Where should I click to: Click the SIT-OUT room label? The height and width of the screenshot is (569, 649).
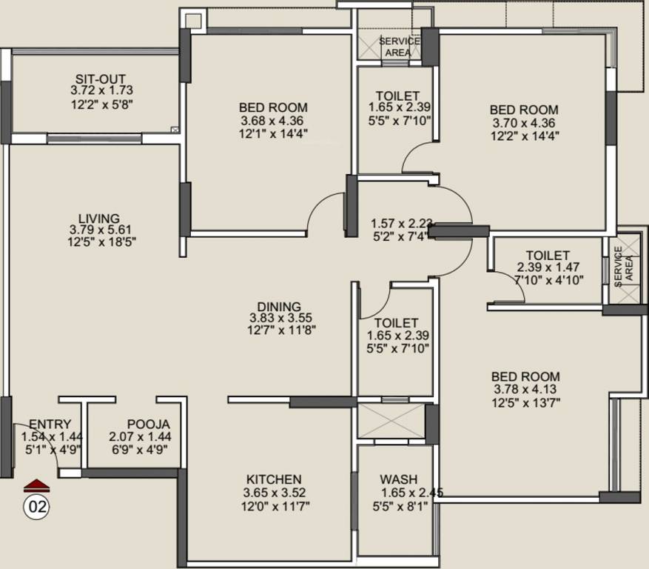click(100, 78)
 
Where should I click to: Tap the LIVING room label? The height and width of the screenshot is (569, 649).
click(100, 218)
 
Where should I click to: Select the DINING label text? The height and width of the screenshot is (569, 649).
click(279, 307)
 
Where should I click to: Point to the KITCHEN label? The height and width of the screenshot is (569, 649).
click(275, 479)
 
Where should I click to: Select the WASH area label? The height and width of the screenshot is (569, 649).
click(398, 479)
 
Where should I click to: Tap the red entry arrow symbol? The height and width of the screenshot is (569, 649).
click(36, 486)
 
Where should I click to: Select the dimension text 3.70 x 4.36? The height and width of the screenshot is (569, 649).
click(523, 122)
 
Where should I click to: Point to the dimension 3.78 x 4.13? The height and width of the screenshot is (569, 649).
click(525, 390)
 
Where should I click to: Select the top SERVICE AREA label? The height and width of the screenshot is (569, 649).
click(399, 47)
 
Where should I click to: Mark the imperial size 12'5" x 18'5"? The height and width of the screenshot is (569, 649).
click(102, 242)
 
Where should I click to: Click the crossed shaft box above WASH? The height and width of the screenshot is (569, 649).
click(391, 421)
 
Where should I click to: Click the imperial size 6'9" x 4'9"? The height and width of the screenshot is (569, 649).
click(140, 449)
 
